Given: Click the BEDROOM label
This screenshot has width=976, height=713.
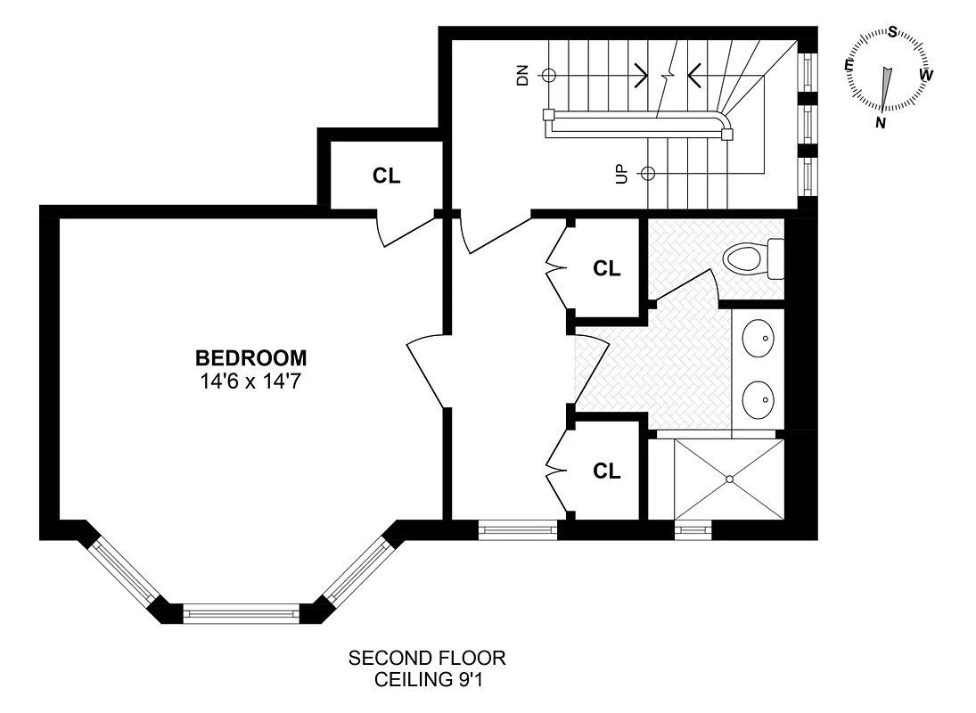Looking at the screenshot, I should pyautogui.click(x=250, y=358).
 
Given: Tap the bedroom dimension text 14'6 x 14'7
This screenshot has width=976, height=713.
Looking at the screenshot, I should pyautogui.click(x=250, y=381).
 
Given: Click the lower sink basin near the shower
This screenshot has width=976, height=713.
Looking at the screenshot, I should pyautogui.click(x=760, y=399).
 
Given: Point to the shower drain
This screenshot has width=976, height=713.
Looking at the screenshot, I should pyautogui.click(x=729, y=479).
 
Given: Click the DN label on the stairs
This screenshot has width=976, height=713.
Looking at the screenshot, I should pyautogui.click(x=522, y=76).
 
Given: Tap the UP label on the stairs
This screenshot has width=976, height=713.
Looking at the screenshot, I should pyautogui.click(x=621, y=173).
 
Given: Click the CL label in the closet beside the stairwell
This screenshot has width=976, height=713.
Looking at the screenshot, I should pyautogui.click(x=387, y=176).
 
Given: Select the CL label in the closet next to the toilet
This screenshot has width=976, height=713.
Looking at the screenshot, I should pyautogui.click(x=607, y=268).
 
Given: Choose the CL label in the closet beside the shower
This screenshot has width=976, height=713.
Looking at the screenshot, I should pyautogui.click(x=607, y=471).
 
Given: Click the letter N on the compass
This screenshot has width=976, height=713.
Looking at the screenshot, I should pyautogui.click(x=881, y=123).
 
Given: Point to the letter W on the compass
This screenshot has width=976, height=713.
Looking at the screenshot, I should pyautogui.click(x=926, y=75).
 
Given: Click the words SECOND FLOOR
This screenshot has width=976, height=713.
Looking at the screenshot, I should pyautogui.click(x=427, y=659).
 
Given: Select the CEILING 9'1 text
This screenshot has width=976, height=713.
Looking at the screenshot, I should pyautogui.click(x=427, y=680).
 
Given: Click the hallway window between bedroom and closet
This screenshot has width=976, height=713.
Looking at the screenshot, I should pyautogui.click(x=518, y=530).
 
